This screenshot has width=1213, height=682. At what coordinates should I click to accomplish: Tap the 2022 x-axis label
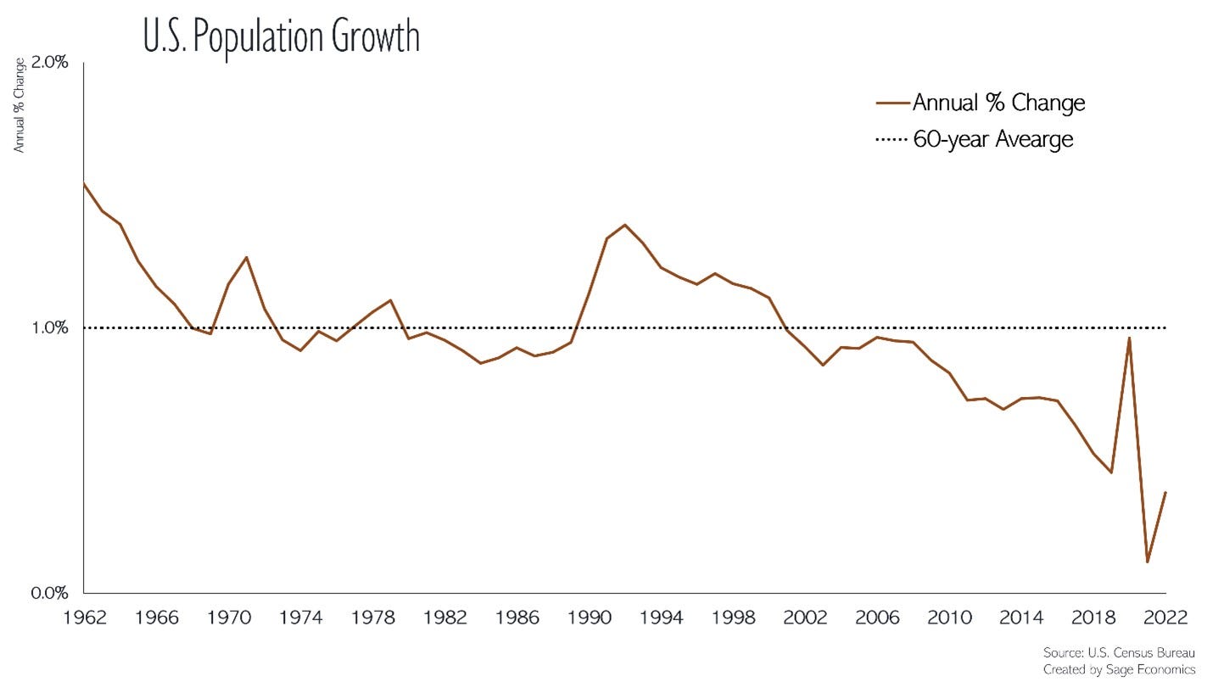[1166, 617]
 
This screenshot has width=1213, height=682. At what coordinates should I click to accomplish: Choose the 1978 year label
[372, 617]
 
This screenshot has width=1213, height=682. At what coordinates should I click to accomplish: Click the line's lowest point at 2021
[1148, 562]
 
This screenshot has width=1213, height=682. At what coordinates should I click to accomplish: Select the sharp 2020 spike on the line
[1129, 338]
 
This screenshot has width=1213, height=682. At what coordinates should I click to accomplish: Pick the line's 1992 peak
[625, 225]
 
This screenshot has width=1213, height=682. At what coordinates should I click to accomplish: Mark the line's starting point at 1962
[85, 183]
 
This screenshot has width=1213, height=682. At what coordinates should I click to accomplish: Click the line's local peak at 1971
[246, 257]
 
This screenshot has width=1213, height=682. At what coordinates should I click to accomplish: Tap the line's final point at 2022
[1165, 492]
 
